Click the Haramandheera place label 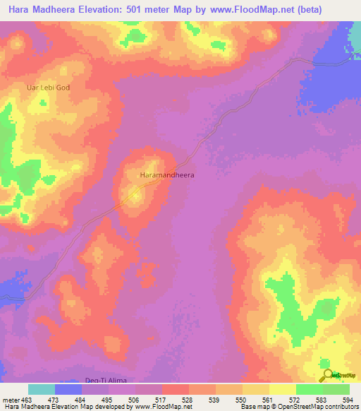pos(167,174)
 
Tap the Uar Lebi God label pos(49,87)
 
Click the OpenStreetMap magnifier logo pos(326,375)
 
